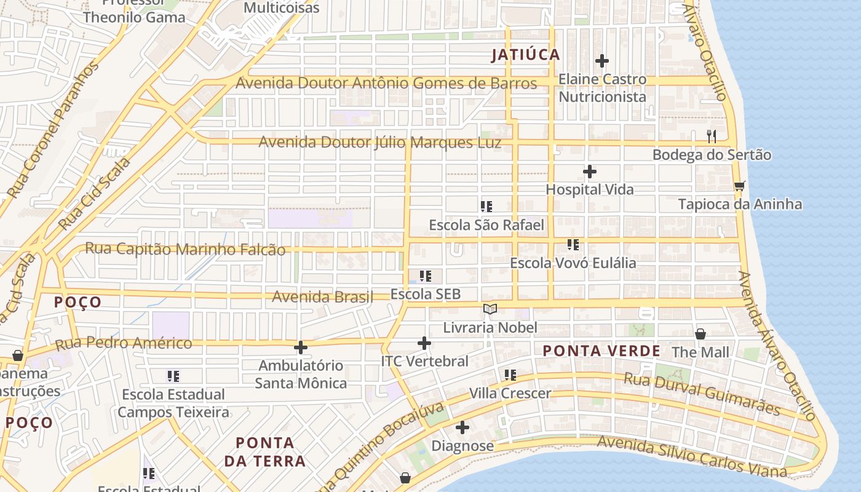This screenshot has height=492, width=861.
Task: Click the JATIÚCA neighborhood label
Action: point(526,55)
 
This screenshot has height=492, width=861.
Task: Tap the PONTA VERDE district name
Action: point(601,351)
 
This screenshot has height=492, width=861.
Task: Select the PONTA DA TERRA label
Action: point(264,451)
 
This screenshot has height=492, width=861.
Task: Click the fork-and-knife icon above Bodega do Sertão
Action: point(712,136)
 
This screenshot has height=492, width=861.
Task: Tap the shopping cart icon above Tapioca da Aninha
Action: point(739,186)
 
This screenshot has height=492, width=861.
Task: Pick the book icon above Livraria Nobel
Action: point(490,309)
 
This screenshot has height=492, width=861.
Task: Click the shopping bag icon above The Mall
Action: point(700,334)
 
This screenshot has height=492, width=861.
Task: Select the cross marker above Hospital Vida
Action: point(590,171)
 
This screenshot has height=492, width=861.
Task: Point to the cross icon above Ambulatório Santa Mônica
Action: point(300,347)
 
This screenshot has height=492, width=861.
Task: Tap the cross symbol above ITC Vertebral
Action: point(424,343)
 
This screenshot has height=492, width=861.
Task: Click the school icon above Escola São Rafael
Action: point(486,207)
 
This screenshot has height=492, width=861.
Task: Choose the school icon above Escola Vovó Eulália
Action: point(573,245)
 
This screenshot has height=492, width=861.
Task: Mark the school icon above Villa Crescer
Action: point(510,375)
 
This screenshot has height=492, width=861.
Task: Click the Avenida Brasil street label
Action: point(322,297)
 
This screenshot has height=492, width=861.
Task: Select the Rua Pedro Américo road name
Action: point(124,343)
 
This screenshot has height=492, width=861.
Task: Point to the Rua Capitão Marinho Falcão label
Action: point(185,249)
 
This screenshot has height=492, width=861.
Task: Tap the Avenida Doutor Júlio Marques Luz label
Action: point(379,143)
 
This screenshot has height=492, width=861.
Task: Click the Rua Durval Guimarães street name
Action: point(702,394)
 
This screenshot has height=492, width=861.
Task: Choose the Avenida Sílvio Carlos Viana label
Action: point(691,457)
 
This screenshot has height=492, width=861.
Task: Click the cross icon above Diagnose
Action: point(462,427)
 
